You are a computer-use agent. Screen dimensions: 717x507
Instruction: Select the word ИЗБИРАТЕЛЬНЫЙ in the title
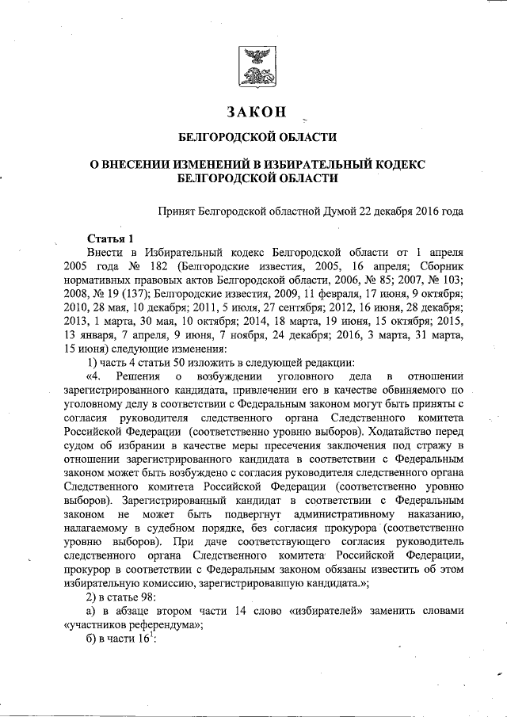pos(326,163)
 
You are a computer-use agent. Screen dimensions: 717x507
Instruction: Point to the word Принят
pos(179,212)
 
